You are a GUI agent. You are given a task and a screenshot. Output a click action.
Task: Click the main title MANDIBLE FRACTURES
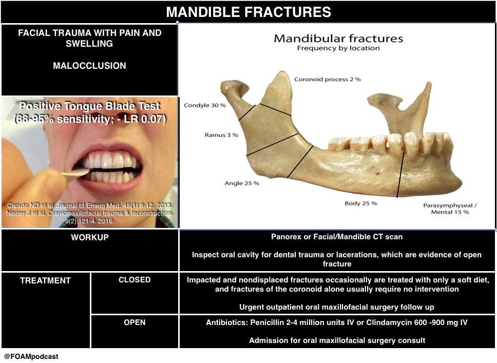[x=249, y=12]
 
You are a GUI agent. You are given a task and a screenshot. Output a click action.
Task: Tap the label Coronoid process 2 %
[x=327, y=80]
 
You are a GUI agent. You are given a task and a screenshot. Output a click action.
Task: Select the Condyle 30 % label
[x=204, y=105]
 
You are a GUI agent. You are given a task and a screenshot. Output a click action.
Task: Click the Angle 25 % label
[x=242, y=183]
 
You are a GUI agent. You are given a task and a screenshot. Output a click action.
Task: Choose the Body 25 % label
[x=360, y=203]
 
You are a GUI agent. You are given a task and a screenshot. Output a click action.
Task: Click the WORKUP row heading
[x=90, y=238]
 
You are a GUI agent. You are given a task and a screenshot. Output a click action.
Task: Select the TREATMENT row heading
[x=45, y=281]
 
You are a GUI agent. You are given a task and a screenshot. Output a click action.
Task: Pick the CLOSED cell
[x=135, y=280]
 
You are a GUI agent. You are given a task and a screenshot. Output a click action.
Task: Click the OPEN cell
[x=135, y=322]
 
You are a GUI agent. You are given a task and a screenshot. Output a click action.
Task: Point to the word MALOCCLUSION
[x=90, y=66]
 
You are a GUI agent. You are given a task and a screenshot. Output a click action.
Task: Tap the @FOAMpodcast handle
[x=31, y=356]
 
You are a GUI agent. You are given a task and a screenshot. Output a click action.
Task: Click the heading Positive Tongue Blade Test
[x=90, y=107]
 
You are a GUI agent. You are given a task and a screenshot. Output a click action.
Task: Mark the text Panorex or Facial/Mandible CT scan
[x=337, y=237]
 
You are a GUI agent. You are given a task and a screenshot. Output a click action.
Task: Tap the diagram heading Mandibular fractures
[x=338, y=39]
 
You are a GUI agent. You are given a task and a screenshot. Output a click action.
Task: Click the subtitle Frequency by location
[x=338, y=48]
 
